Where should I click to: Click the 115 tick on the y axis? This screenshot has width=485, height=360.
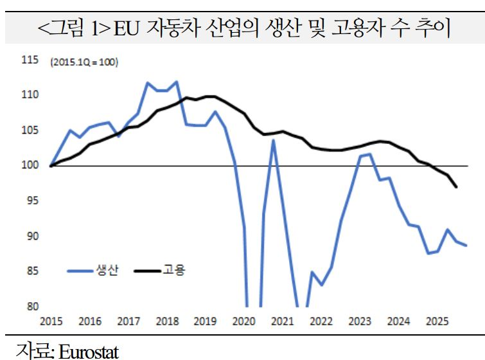click(x=30, y=60)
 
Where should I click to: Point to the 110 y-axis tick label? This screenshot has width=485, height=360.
click(x=30, y=95)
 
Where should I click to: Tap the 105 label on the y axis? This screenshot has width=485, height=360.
click(x=30, y=130)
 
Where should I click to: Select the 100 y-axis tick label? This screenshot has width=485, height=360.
click(x=30, y=166)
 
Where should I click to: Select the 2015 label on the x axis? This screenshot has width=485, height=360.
click(x=51, y=321)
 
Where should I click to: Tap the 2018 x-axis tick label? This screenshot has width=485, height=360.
click(x=167, y=321)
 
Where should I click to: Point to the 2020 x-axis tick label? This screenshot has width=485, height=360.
click(x=244, y=321)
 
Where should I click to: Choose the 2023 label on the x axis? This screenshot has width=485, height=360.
click(x=360, y=321)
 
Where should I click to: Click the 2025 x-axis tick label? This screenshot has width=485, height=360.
click(x=437, y=321)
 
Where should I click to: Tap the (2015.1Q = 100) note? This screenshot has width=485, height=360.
click(x=84, y=62)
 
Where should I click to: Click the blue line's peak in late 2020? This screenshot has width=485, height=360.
click(x=273, y=140)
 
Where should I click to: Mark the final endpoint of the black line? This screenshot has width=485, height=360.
click(x=456, y=187)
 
